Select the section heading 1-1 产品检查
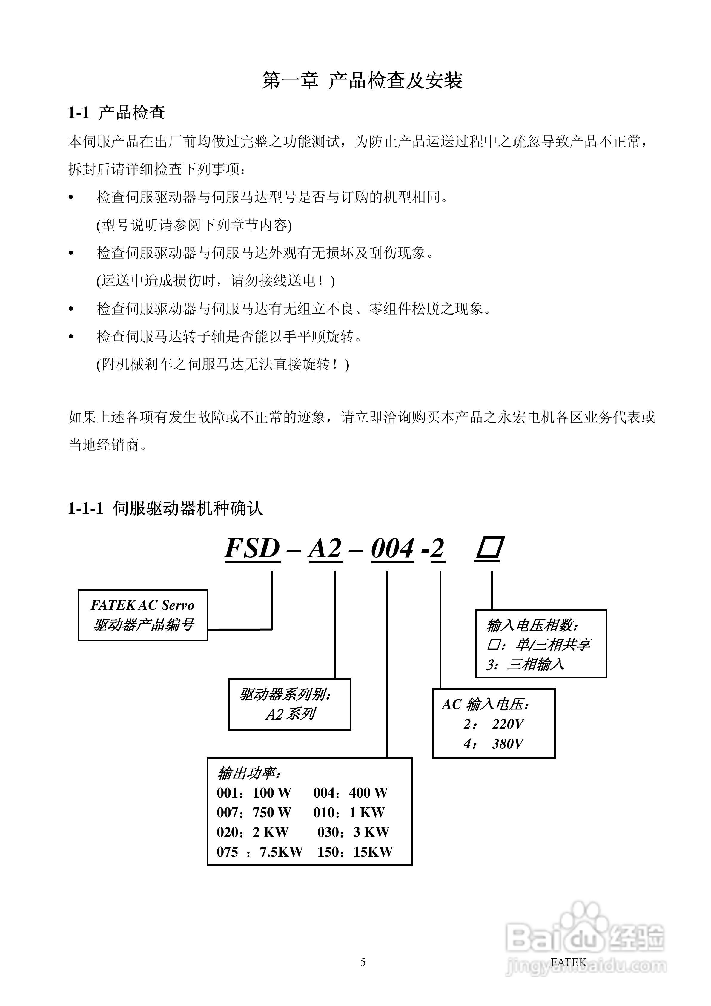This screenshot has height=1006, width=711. coord(116,113)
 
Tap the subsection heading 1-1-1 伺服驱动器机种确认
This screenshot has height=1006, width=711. coord(165,508)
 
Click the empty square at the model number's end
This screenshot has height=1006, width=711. coord(489,548)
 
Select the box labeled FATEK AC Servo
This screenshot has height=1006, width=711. coord(143,615)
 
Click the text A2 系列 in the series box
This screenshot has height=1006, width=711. coord(290,714)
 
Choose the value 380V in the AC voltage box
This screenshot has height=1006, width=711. coord(507,743)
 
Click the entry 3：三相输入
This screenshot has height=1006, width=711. coord(525,664)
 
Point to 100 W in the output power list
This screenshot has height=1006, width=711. coord(272,793)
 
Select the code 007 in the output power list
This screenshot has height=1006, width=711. coord(227,812)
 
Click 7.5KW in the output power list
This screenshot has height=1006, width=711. coord(281,852)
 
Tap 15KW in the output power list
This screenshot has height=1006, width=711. coord(373,852)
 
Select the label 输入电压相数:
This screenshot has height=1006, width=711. coord(532,625)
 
